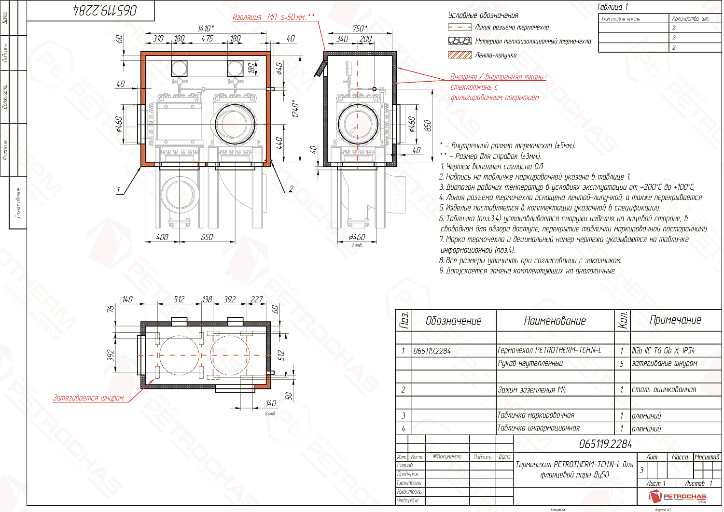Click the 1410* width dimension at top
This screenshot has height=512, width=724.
(x=206, y=28)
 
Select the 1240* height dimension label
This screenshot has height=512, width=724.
(x=295, y=109)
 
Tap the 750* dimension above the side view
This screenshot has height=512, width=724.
(x=360, y=28)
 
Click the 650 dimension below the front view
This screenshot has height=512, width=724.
(x=207, y=237)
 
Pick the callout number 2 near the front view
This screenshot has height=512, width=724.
(x=291, y=189)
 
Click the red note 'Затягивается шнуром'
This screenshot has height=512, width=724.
(x=88, y=398)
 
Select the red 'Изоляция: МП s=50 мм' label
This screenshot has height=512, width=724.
(x=273, y=17)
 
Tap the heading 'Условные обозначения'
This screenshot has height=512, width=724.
(x=483, y=15)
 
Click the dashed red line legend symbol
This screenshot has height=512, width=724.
(x=459, y=28)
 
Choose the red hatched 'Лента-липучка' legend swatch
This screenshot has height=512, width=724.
(x=459, y=55)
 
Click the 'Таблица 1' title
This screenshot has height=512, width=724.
(x=613, y=7)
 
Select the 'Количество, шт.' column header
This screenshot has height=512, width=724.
(x=691, y=18)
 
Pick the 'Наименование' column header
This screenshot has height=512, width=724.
(x=555, y=321)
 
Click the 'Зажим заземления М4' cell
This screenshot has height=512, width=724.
(x=531, y=389)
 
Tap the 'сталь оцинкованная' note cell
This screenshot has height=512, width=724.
(x=664, y=389)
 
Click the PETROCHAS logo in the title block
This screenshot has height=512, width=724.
(x=678, y=496)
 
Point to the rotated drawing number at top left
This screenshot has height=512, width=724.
(x=105, y=11)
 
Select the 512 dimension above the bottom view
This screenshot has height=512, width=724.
(x=179, y=299)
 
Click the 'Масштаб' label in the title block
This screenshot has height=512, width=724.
(x=707, y=457)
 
